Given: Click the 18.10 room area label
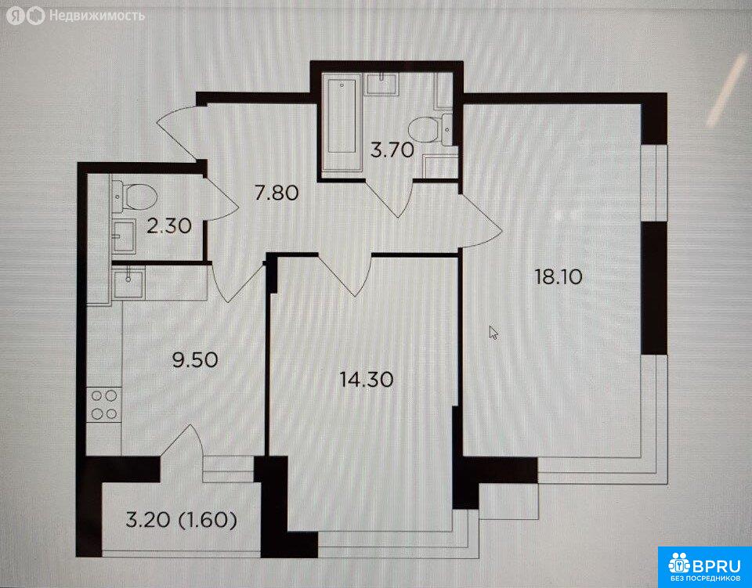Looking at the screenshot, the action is (559, 276).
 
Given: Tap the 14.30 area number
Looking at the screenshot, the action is (367, 380).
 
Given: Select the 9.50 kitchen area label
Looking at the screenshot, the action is (195, 359).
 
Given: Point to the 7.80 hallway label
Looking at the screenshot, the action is (277, 193).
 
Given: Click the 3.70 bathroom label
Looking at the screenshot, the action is (392, 150).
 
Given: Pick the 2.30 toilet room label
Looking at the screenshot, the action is (169, 225).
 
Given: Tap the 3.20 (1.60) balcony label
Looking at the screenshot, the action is (181, 521).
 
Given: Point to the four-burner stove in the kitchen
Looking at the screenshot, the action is (104, 405).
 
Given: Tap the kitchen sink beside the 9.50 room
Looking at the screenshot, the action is (128, 283).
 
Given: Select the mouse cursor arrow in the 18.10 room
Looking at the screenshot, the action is (493, 332).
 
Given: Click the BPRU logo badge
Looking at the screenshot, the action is (705, 567).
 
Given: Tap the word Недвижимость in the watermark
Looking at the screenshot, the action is (97, 16).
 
